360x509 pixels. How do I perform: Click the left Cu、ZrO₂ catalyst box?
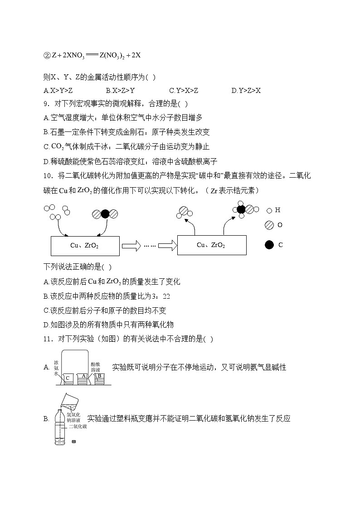coord(85,245)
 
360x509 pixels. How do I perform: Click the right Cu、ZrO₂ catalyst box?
coord(212,245)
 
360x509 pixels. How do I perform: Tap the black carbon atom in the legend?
coord(269,245)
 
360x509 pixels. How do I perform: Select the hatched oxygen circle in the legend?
coord(269,225)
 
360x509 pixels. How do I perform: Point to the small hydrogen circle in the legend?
coord(269,210)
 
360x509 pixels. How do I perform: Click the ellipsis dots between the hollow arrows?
coord(150,245)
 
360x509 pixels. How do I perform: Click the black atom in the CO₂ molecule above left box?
coord(105,214)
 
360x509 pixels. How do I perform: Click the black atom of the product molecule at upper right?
coord(241,209)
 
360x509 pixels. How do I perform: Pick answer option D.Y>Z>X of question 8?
coord(246,91)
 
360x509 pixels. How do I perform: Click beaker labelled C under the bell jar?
coord(68,378)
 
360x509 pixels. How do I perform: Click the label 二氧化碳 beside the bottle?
coord(77,427)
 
